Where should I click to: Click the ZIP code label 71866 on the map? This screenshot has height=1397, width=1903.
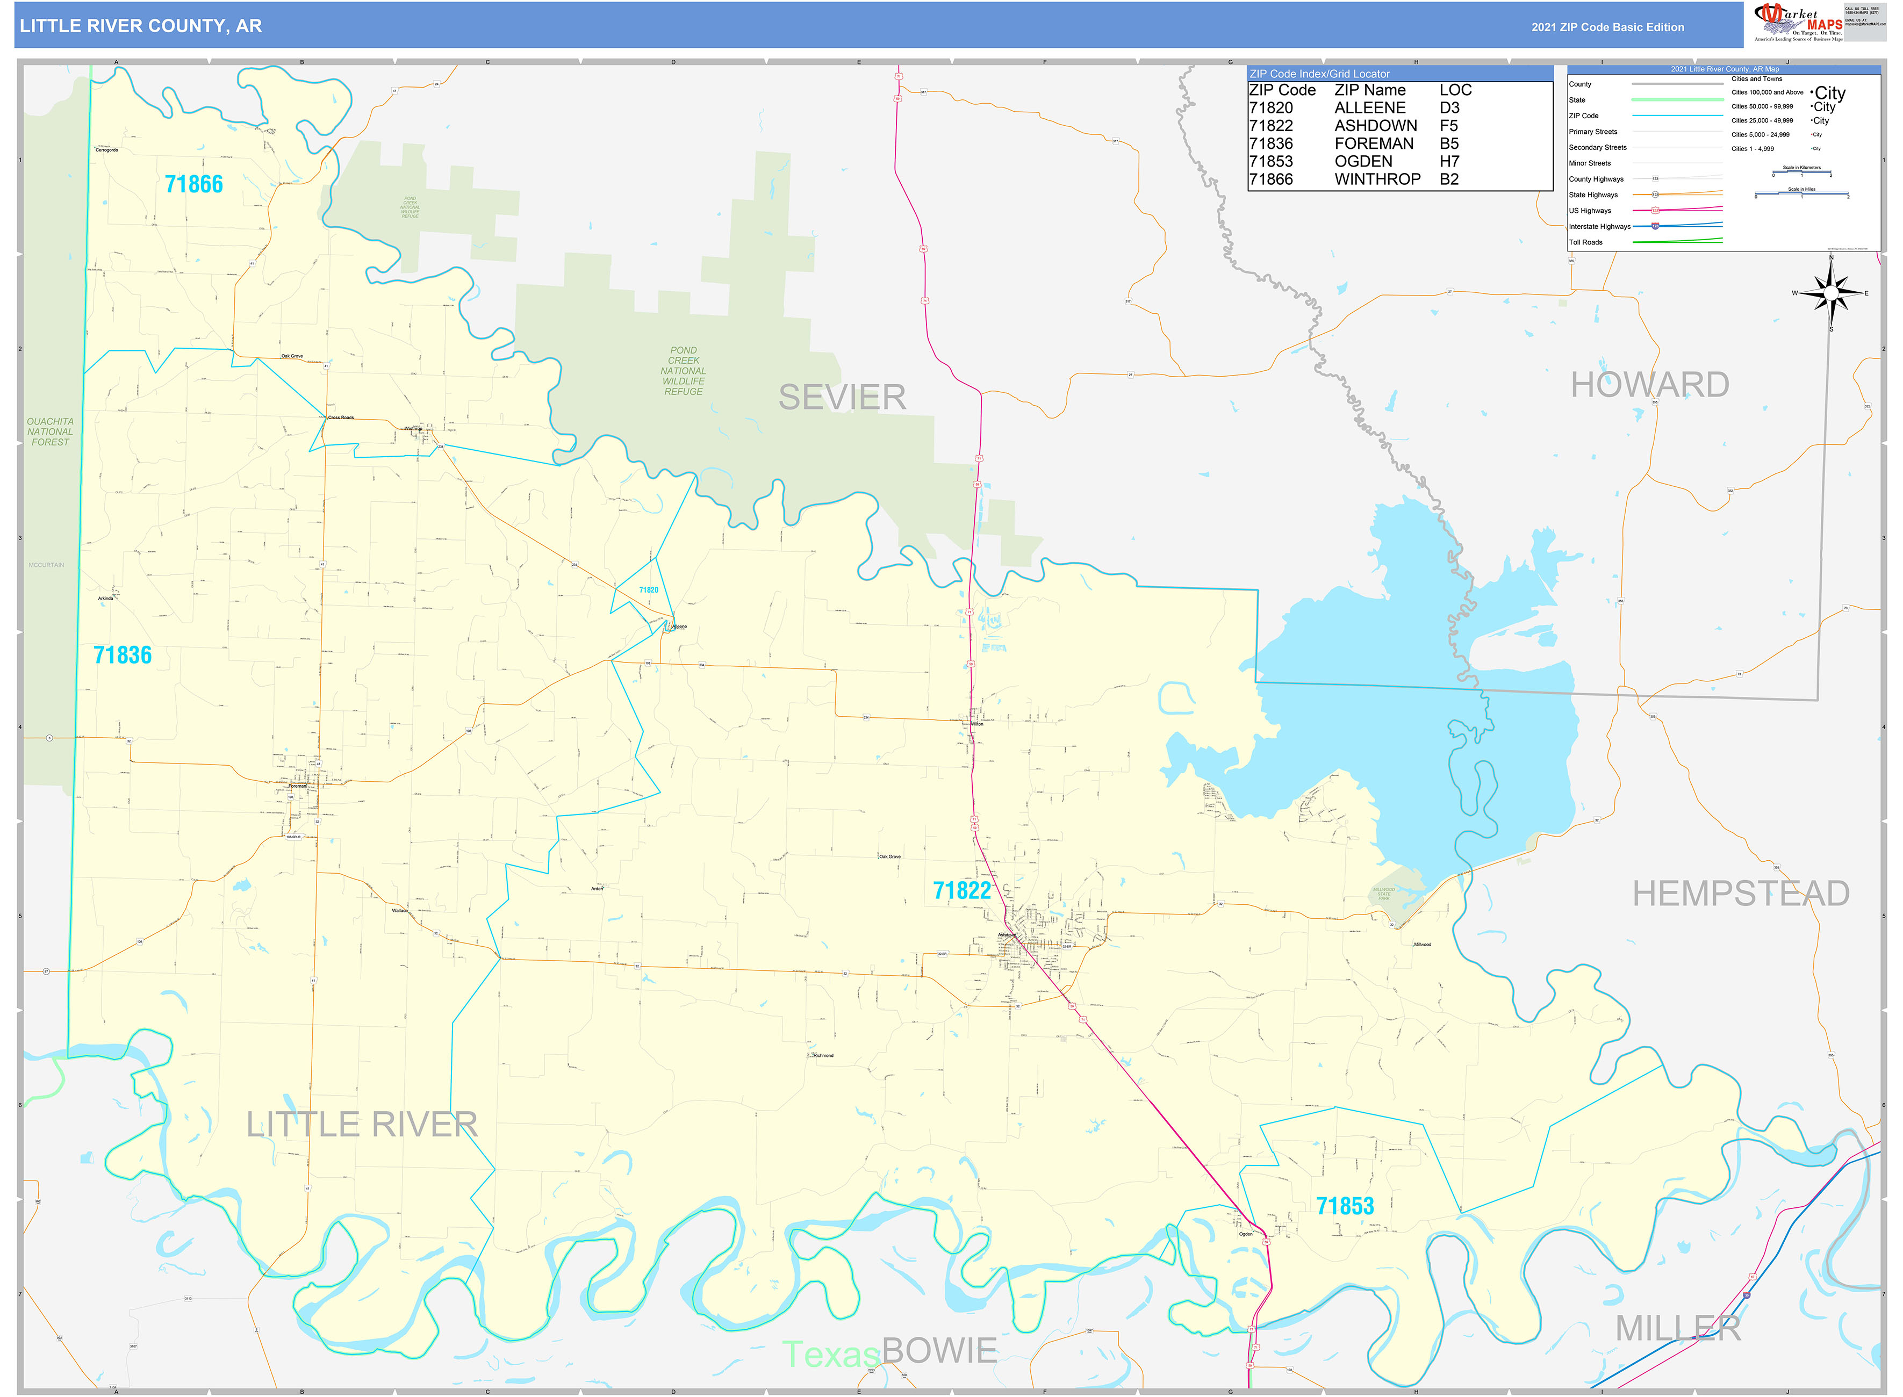(193, 184)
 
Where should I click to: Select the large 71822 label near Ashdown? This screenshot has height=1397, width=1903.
(961, 890)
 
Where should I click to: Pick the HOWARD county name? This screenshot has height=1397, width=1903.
(1649, 385)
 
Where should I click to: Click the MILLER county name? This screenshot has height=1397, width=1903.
(1678, 1329)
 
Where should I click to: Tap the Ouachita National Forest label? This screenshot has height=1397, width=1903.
(50, 432)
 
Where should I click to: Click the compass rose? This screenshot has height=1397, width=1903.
(1831, 293)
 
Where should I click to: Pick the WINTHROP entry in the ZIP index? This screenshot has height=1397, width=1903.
(1377, 179)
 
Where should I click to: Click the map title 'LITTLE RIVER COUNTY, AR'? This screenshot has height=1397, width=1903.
(140, 26)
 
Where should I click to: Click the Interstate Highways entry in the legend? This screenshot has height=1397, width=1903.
(1599, 227)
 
